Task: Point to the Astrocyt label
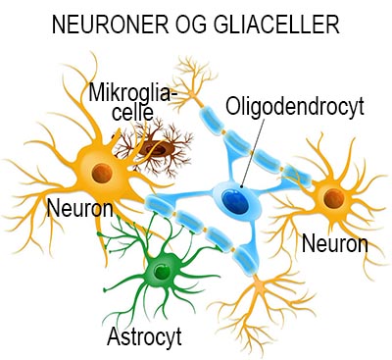coord(143,338)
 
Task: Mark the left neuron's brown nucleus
coord(99,173)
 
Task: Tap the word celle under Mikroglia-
coord(109,116)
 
